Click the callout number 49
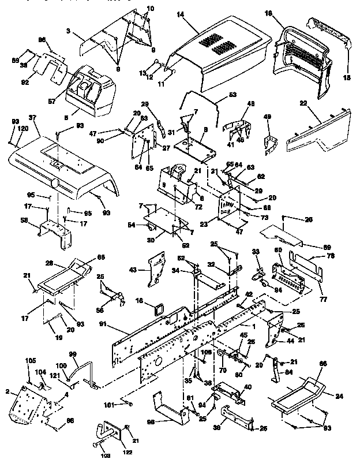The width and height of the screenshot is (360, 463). [x=267, y=117]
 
